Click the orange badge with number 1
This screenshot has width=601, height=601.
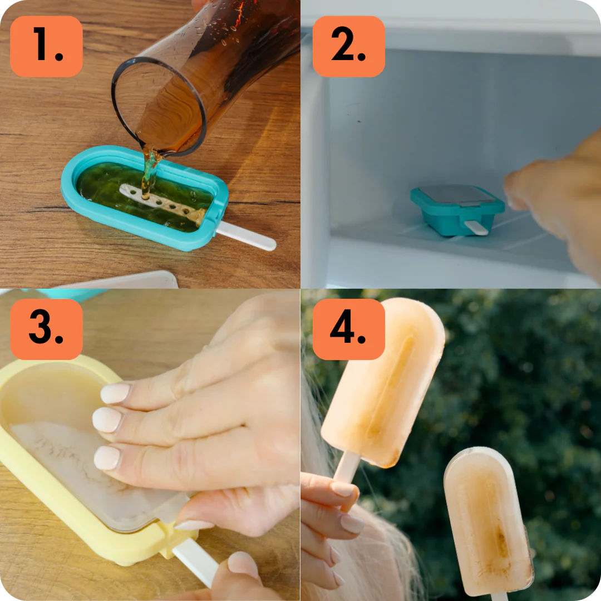pos(46,46)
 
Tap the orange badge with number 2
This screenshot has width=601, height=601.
pos(349,46)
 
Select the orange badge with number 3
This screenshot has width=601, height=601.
pos(46,329)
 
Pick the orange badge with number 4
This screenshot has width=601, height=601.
pos(349,329)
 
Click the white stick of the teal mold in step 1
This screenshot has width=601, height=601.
pos(246,235)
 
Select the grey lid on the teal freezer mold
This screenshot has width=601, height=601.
pos(457,194)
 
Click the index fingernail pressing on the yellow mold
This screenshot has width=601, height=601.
pos(115,393)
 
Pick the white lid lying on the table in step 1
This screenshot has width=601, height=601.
pos(126,280)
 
